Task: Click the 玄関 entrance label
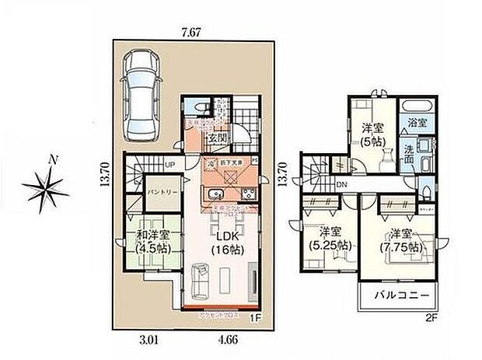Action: (x=217, y=138)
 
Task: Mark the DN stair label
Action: (x=342, y=183)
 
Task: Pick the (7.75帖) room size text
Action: (x=401, y=247)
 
